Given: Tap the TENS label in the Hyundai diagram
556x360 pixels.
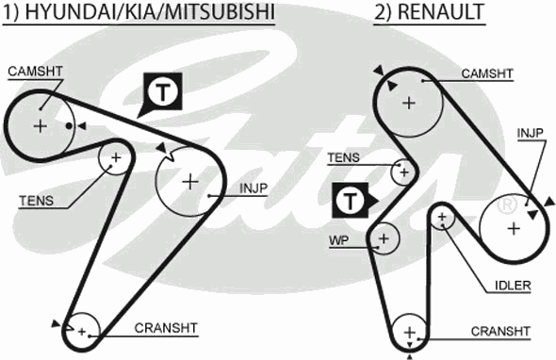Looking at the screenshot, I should point(36,200).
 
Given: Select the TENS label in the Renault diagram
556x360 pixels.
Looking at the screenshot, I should point(343,157).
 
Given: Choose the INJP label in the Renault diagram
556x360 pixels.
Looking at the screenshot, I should point(531,133).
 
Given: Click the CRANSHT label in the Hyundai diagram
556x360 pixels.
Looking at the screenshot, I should point(166,328).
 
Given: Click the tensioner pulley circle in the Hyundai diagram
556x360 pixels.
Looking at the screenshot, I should point(116,158).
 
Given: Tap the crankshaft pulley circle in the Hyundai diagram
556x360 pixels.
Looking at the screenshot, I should point(82,330).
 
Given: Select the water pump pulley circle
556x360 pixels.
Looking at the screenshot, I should point(383,239).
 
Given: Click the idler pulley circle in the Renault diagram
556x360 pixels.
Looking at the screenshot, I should point(442,218).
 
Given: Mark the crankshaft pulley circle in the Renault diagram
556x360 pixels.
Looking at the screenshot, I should point(410,333).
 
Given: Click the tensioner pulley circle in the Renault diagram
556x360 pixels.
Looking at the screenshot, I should point(403,172).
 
